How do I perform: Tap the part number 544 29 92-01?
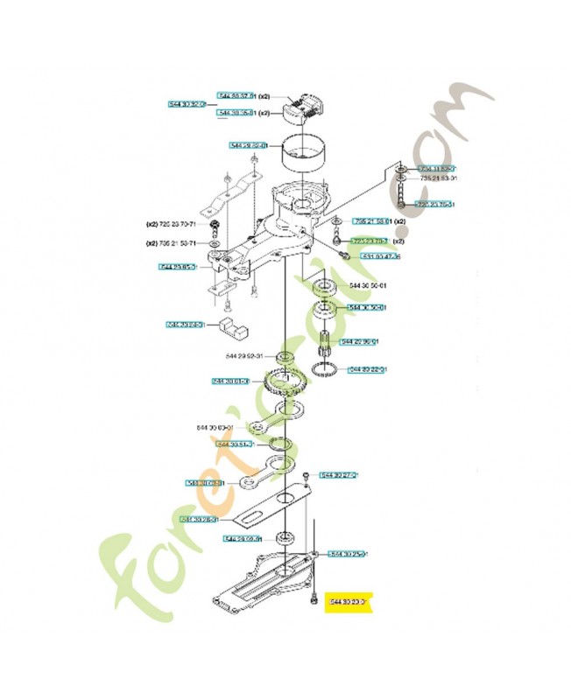tap(244, 356)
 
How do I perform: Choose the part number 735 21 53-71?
tap(176, 243)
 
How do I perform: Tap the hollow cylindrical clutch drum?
tap(304, 157)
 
